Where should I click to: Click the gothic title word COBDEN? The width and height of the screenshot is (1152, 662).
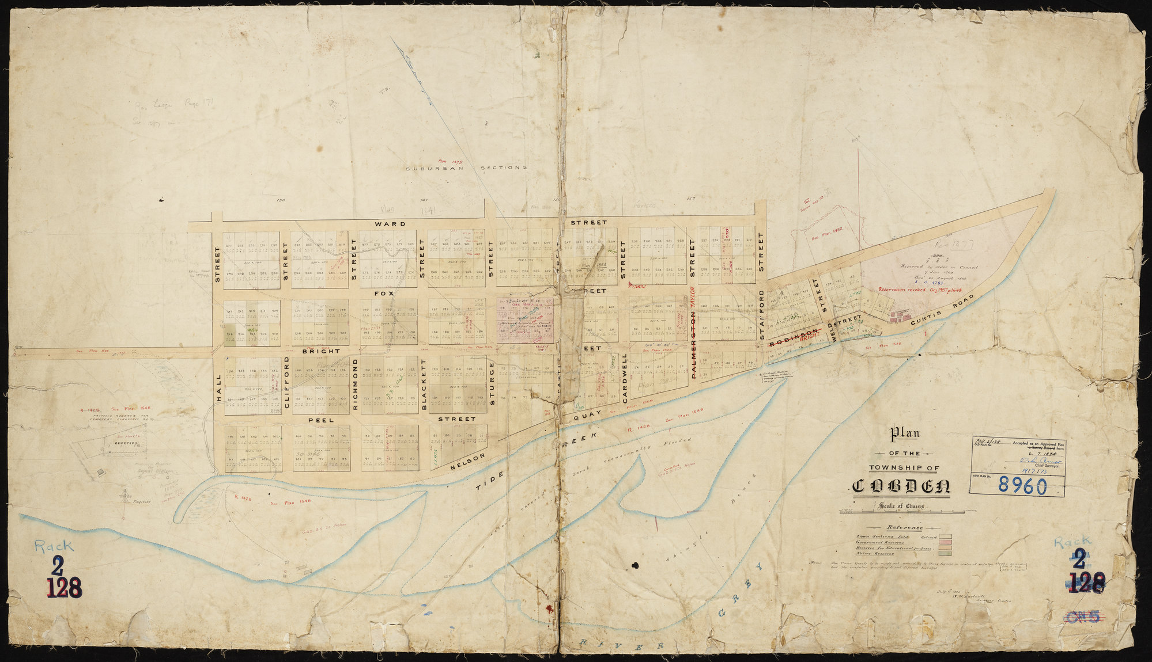[901, 486]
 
